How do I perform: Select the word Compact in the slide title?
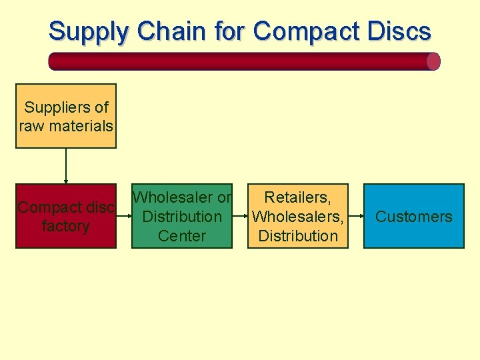click(305, 31)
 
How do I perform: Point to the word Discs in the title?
click(398, 31)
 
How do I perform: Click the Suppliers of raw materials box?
click(66, 116)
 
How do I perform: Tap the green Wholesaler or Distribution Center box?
click(182, 216)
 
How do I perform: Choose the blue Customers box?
click(413, 216)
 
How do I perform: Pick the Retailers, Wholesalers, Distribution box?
click(298, 216)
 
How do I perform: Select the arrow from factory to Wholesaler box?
click(124, 216)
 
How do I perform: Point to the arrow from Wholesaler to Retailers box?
click(240, 216)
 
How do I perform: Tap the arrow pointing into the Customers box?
click(356, 216)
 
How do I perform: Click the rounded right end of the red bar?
click(433, 61)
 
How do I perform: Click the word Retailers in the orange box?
click(297, 197)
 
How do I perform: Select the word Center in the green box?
click(182, 235)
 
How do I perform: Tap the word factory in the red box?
click(65, 226)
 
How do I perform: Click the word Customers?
click(413, 216)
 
